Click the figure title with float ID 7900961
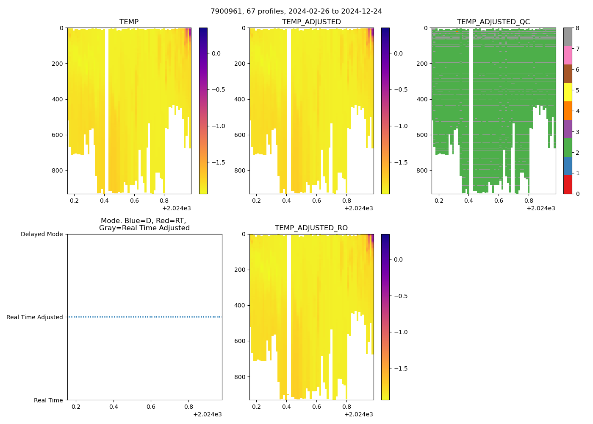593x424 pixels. (296, 11)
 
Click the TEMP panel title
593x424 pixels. (129, 22)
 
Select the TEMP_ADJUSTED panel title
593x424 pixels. (311, 22)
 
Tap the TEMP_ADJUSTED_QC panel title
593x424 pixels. (493, 22)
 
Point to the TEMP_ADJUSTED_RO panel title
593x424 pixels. (311, 228)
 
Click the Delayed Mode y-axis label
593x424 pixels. (42, 234)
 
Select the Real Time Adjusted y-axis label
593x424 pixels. (34, 317)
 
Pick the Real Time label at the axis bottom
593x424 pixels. (48, 400)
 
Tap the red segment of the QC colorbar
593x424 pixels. (568, 184)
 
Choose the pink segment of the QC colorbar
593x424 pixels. (568, 55)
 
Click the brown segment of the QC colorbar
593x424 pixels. (568, 74)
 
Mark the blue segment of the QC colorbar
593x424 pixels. (568, 166)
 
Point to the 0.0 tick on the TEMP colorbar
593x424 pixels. (216, 53)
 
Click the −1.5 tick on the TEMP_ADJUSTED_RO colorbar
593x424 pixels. (398, 368)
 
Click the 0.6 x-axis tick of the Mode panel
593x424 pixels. (151, 407)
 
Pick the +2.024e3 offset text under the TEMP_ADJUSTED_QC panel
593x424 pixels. (540, 208)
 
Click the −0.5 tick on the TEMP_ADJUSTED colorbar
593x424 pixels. (398, 89)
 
